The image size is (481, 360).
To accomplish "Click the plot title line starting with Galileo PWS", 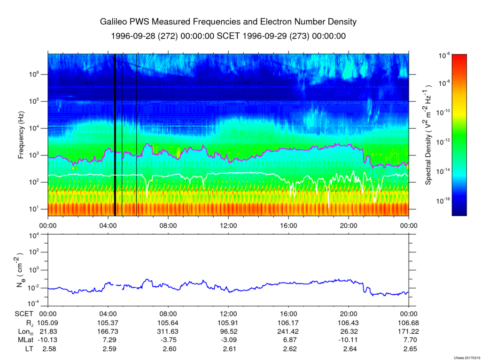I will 228,22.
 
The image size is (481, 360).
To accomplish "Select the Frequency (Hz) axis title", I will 21,135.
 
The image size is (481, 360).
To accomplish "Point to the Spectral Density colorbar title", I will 429,135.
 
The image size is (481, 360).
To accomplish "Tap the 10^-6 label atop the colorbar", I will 444,55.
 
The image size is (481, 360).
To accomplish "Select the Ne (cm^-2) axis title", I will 21,270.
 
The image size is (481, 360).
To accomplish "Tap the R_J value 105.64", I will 168,323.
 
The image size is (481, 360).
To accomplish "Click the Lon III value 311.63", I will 168,331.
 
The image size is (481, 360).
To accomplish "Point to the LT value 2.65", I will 409,348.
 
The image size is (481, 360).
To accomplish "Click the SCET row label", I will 24,314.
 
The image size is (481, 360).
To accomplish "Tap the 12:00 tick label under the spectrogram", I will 228,225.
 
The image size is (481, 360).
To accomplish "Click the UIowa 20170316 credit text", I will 466,357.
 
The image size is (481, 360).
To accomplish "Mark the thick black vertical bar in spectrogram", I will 115,135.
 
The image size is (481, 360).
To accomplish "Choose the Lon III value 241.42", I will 288,331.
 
